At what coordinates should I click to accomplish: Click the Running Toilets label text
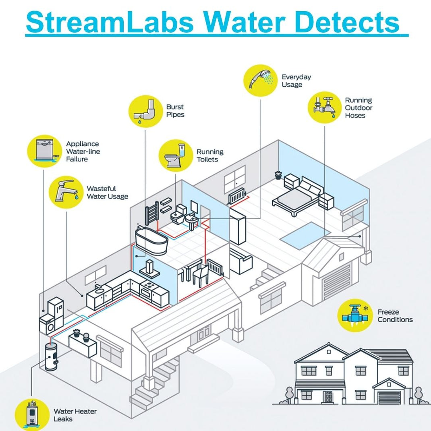click(210, 155)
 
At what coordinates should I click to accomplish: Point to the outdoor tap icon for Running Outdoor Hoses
click(325, 107)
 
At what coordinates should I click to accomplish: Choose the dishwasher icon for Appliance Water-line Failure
click(43, 151)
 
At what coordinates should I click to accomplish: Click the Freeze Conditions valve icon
click(354, 315)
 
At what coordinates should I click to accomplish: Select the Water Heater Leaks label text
click(75, 415)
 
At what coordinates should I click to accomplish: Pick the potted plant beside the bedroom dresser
click(278, 175)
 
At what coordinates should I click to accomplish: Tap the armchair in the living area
click(241, 261)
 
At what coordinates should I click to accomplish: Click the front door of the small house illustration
click(328, 397)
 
